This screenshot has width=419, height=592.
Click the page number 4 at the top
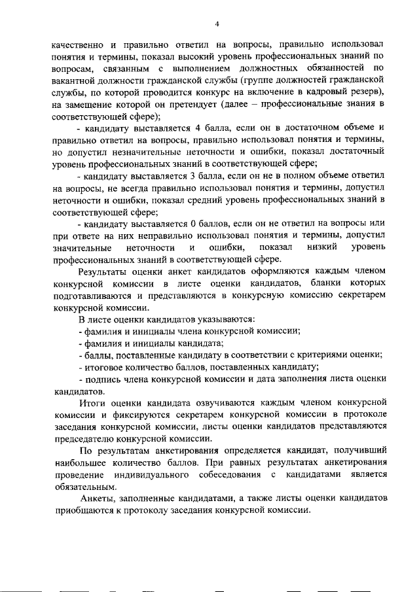coord(216,24)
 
